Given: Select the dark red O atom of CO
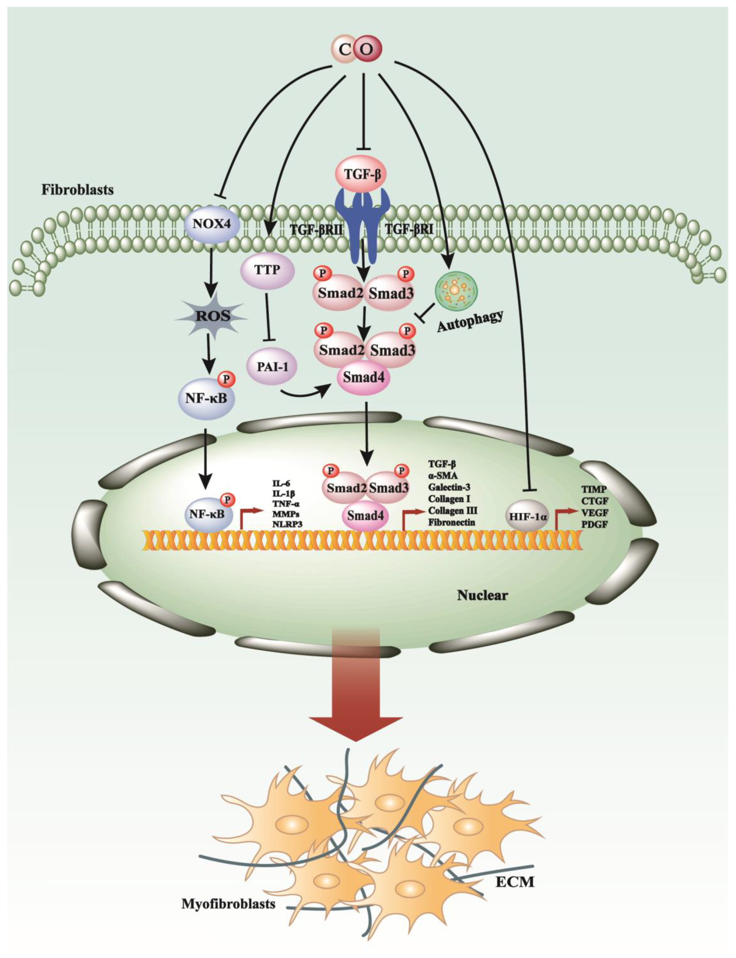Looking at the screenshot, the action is pos(368,49).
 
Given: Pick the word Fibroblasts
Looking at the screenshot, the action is pos(78,189).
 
